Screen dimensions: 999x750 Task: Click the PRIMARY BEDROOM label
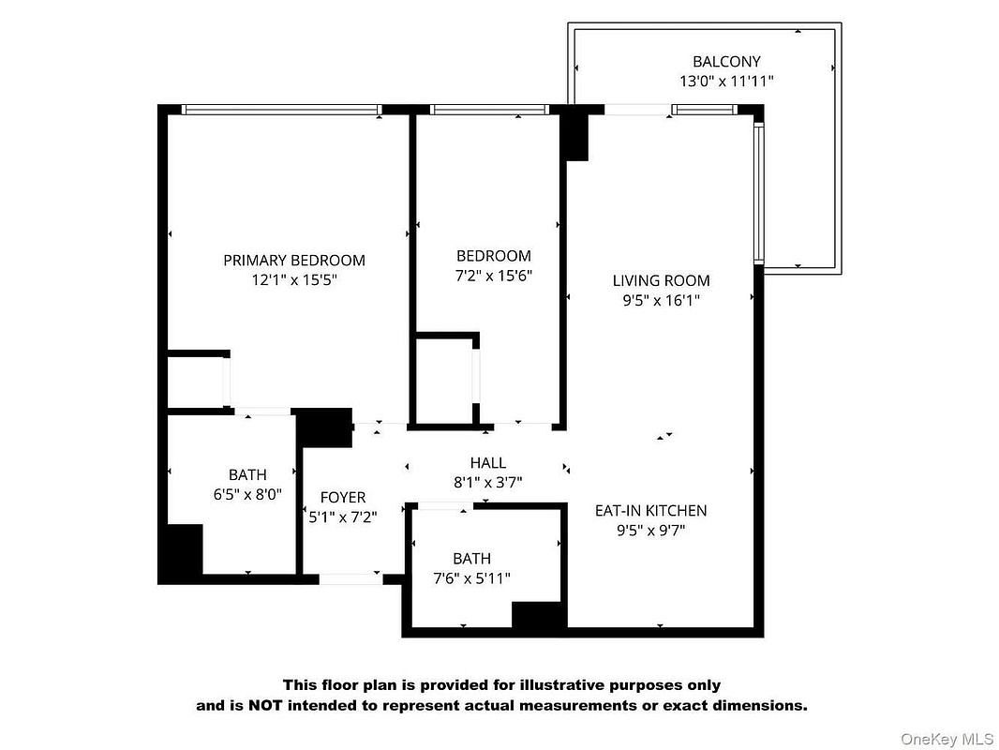coord(293,260)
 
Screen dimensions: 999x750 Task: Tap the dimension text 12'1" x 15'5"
coord(293,279)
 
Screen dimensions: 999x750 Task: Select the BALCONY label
coord(726,62)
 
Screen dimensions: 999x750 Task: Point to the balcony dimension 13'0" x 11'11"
coord(726,81)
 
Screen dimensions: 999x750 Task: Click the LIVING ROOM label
coord(662,280)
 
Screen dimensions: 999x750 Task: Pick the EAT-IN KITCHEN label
coord(650,510)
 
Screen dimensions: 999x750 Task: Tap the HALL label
coord(488,462)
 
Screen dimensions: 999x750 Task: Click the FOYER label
coord(343,497)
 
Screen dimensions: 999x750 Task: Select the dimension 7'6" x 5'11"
coord(471,578)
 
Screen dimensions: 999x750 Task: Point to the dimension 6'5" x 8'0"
coord(247,494)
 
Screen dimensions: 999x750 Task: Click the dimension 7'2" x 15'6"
coord(494,276)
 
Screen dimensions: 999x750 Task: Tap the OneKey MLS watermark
coord(947,739)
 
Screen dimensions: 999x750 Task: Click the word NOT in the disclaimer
coord(265,705)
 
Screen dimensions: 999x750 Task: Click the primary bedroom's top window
coord(281,110)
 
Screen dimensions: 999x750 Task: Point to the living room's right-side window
coord(759,193)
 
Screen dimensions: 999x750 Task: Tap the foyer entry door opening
coord(350,578)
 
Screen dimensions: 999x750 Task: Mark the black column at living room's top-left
coord(574,132)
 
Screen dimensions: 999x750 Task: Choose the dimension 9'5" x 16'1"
coord(662,300)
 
